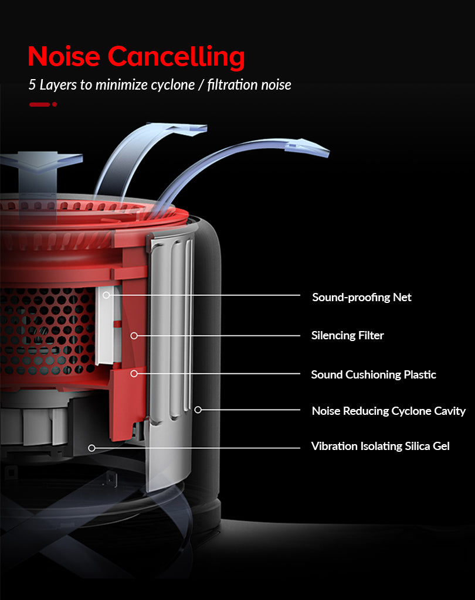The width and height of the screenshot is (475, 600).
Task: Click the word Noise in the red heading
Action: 64,56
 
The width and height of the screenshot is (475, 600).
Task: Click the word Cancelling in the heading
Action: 176,57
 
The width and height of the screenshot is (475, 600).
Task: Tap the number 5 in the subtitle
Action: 32,84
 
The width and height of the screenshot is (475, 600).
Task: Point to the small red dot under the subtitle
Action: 55,104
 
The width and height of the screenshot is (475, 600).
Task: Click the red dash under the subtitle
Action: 39,104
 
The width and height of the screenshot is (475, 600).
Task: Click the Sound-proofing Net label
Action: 362,297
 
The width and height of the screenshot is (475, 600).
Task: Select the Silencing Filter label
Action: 347,336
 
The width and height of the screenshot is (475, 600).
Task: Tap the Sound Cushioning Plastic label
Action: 374,374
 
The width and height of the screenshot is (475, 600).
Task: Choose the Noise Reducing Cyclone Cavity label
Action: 389,411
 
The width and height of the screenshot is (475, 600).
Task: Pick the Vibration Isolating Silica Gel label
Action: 380,446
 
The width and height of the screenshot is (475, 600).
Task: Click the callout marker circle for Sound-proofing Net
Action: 107,295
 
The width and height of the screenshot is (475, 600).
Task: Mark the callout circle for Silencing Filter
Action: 134,336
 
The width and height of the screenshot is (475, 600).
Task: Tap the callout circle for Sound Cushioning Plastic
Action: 134,373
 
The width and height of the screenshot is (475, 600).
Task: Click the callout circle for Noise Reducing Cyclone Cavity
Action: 198,410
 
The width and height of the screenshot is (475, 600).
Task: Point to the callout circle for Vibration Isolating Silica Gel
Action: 91,448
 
